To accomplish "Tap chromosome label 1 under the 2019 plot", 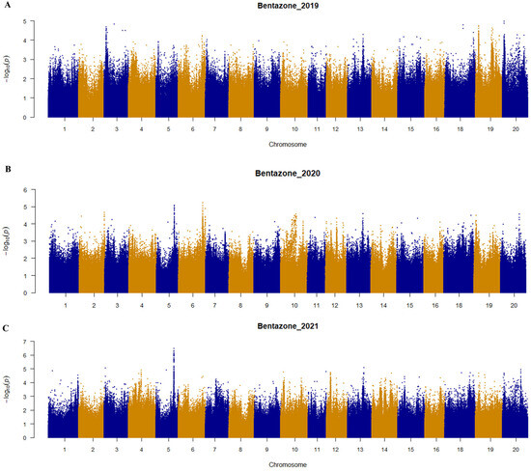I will click(65, 127).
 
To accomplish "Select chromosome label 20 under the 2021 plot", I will click(517, 449).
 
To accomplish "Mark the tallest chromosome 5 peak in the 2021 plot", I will click(174, 349).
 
